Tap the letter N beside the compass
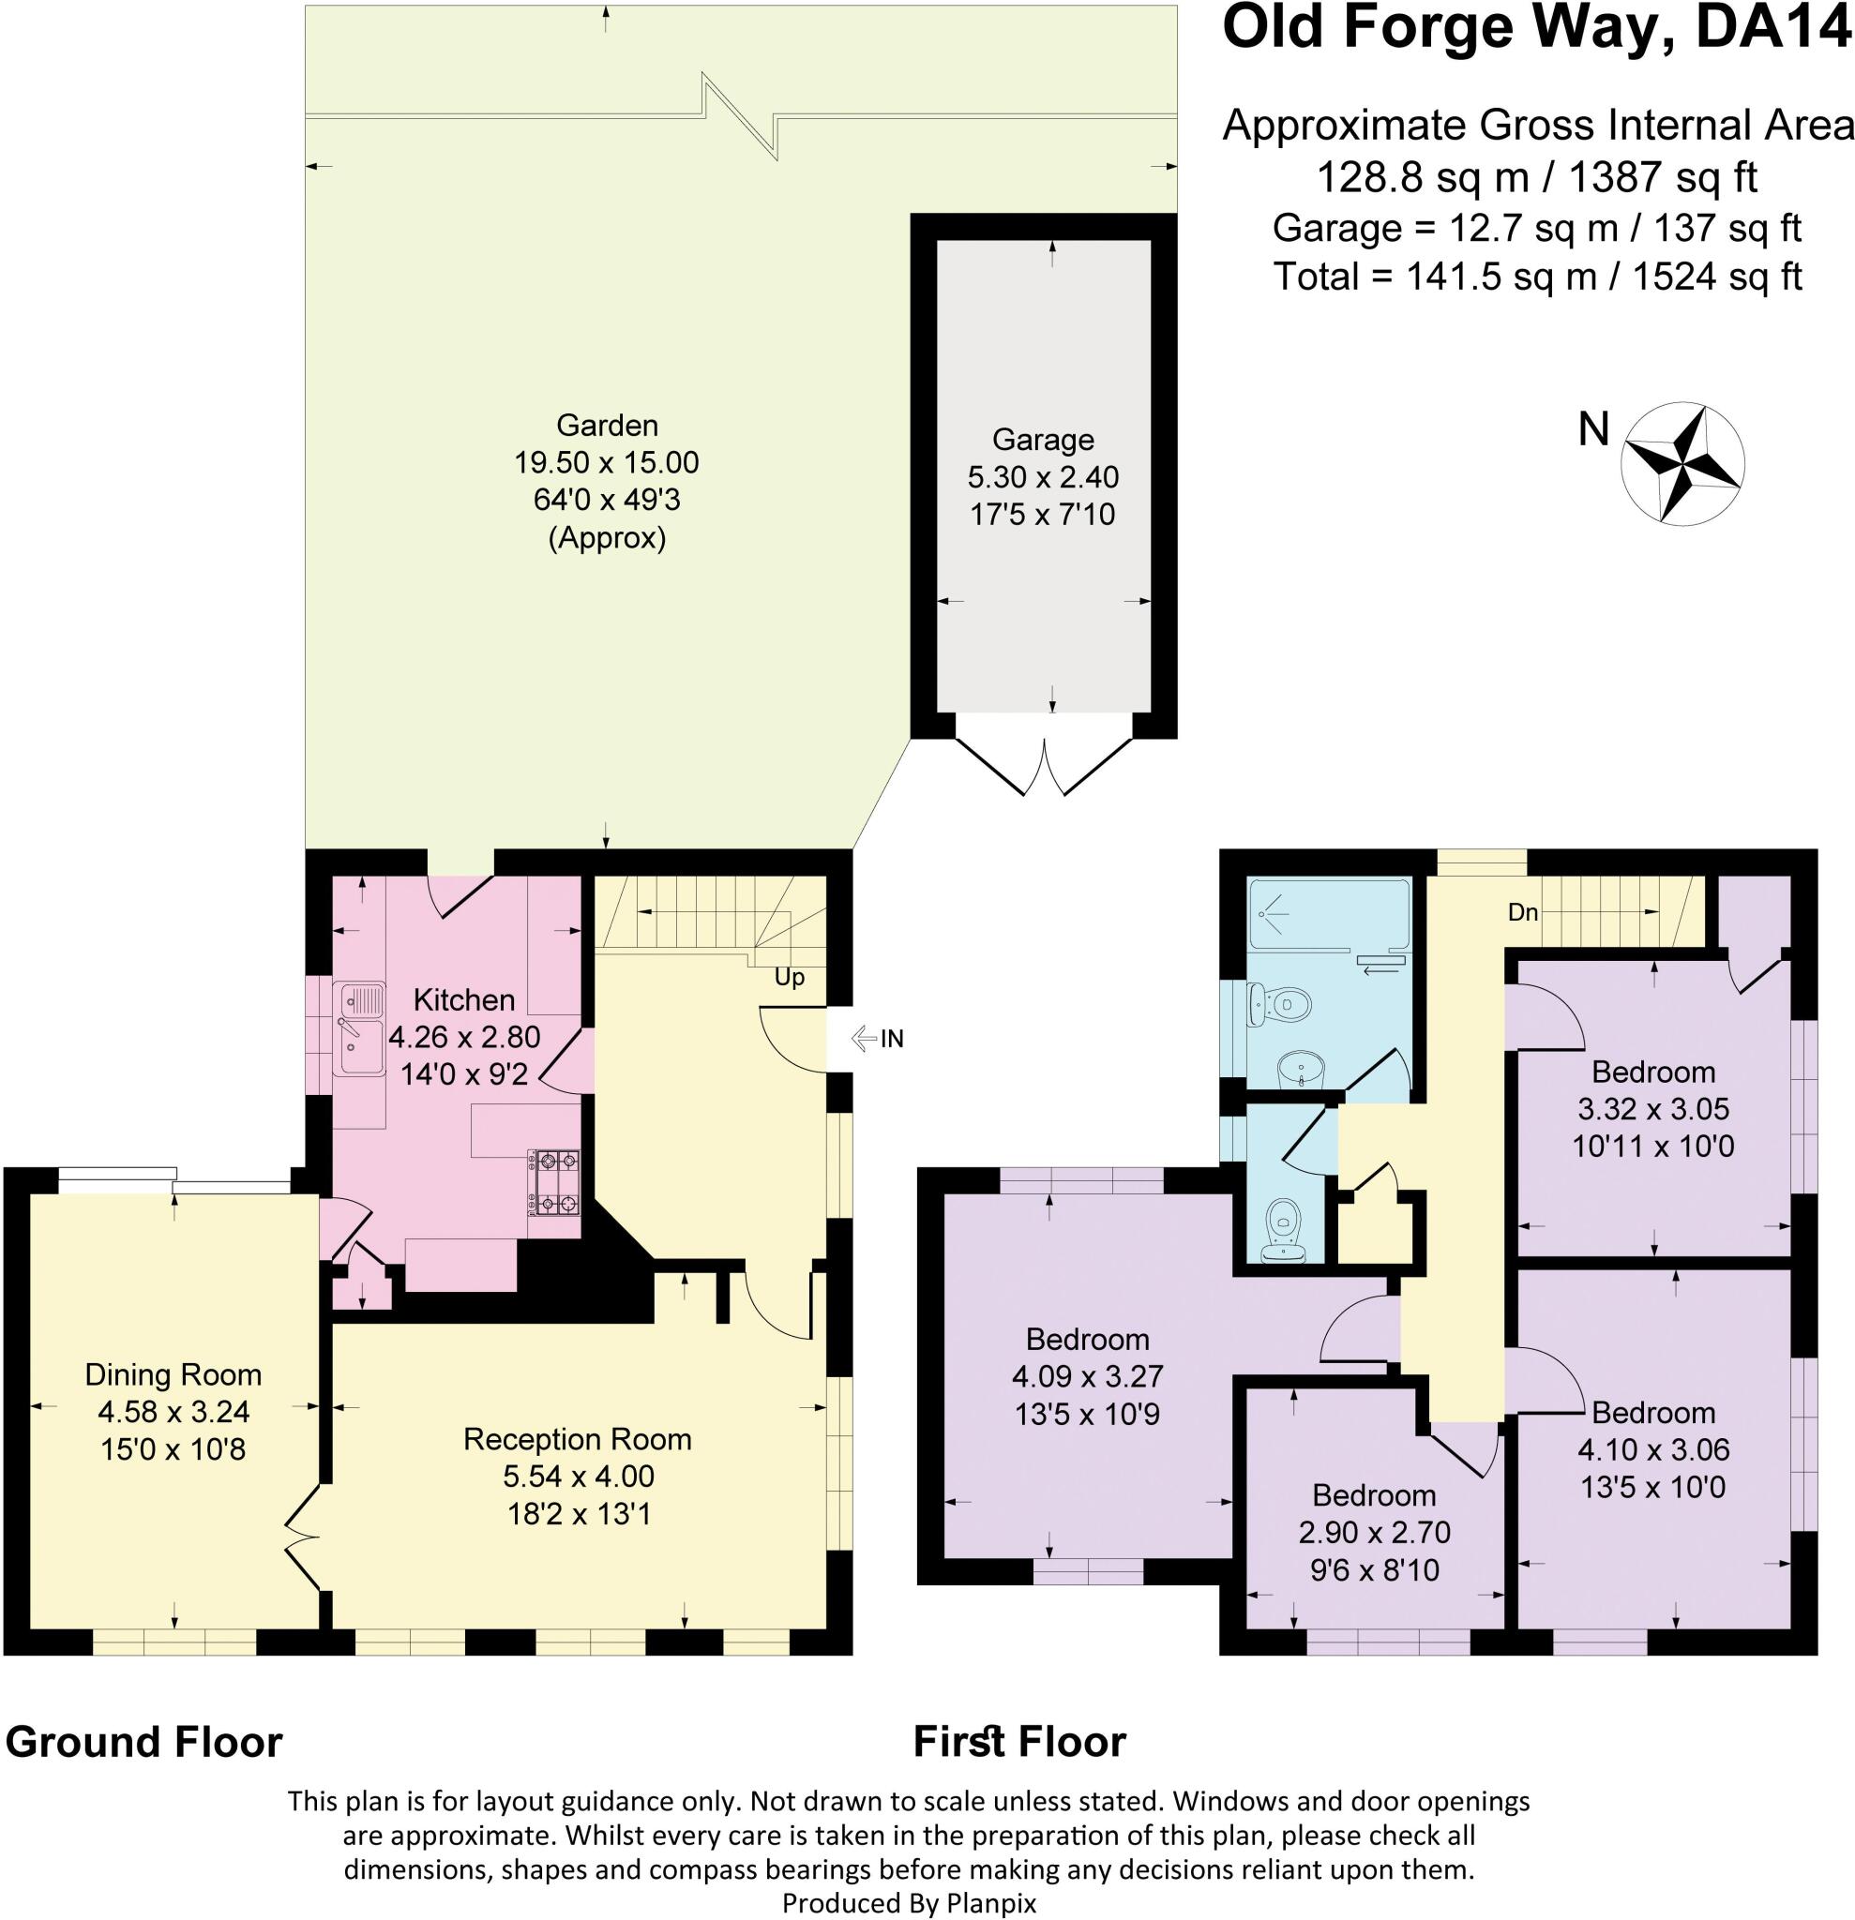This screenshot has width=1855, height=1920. (x=1593, y=429)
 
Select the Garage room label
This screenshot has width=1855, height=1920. (x=1043, y=440)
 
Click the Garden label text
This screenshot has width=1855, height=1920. (x=607, y=425)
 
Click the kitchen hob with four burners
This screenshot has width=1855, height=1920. (x=554, y=1182)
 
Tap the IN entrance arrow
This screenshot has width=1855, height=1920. (x=878, y=1039)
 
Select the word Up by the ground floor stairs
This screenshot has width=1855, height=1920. (x=789, y=978)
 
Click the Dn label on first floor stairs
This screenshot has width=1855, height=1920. (x=1522, y=913)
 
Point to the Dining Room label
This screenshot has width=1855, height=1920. (x=173, y=1375)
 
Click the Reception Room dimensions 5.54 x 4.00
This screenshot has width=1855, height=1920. (x=578, y=1477)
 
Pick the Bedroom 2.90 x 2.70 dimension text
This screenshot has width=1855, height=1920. (x=1374, y=1532)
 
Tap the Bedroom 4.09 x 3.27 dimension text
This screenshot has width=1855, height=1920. (x=1087, y=1376)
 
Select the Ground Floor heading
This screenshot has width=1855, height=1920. (x=144, y=1743)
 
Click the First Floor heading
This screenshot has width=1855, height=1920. (x=1019, y=1743)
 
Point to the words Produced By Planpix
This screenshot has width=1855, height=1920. (x=909, y=1902)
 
